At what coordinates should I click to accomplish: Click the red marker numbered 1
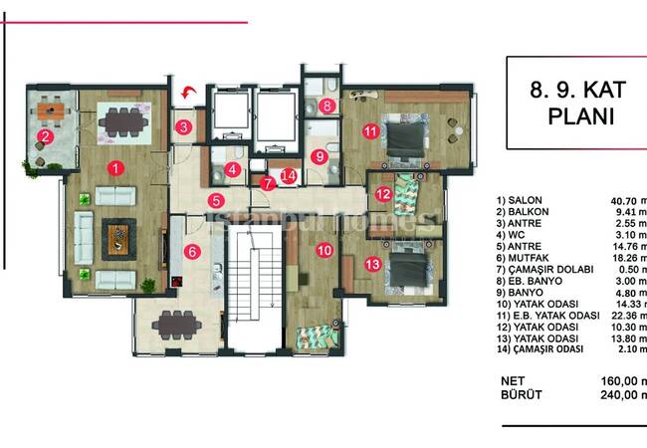(116, 168)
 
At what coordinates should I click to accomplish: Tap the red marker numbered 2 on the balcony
(45, 136)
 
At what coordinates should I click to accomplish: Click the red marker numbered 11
(370, 129)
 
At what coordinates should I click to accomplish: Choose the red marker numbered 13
(372, 264)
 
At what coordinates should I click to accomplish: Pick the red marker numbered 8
(326, 105)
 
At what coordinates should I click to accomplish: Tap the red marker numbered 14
(289, 175)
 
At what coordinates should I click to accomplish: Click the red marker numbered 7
(266, 182)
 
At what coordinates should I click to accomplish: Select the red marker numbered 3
(184, 126)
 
